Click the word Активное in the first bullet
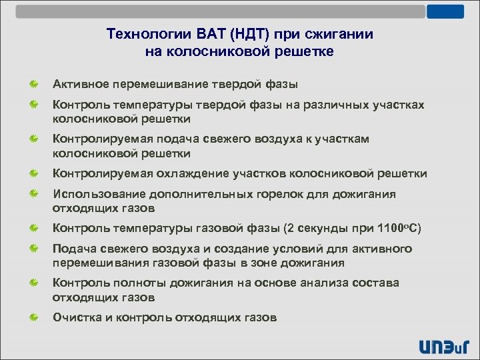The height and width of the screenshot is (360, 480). coord(80,85)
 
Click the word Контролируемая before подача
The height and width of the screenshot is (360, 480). coord(104,139)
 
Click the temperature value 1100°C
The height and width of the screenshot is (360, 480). coord(396,228)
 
